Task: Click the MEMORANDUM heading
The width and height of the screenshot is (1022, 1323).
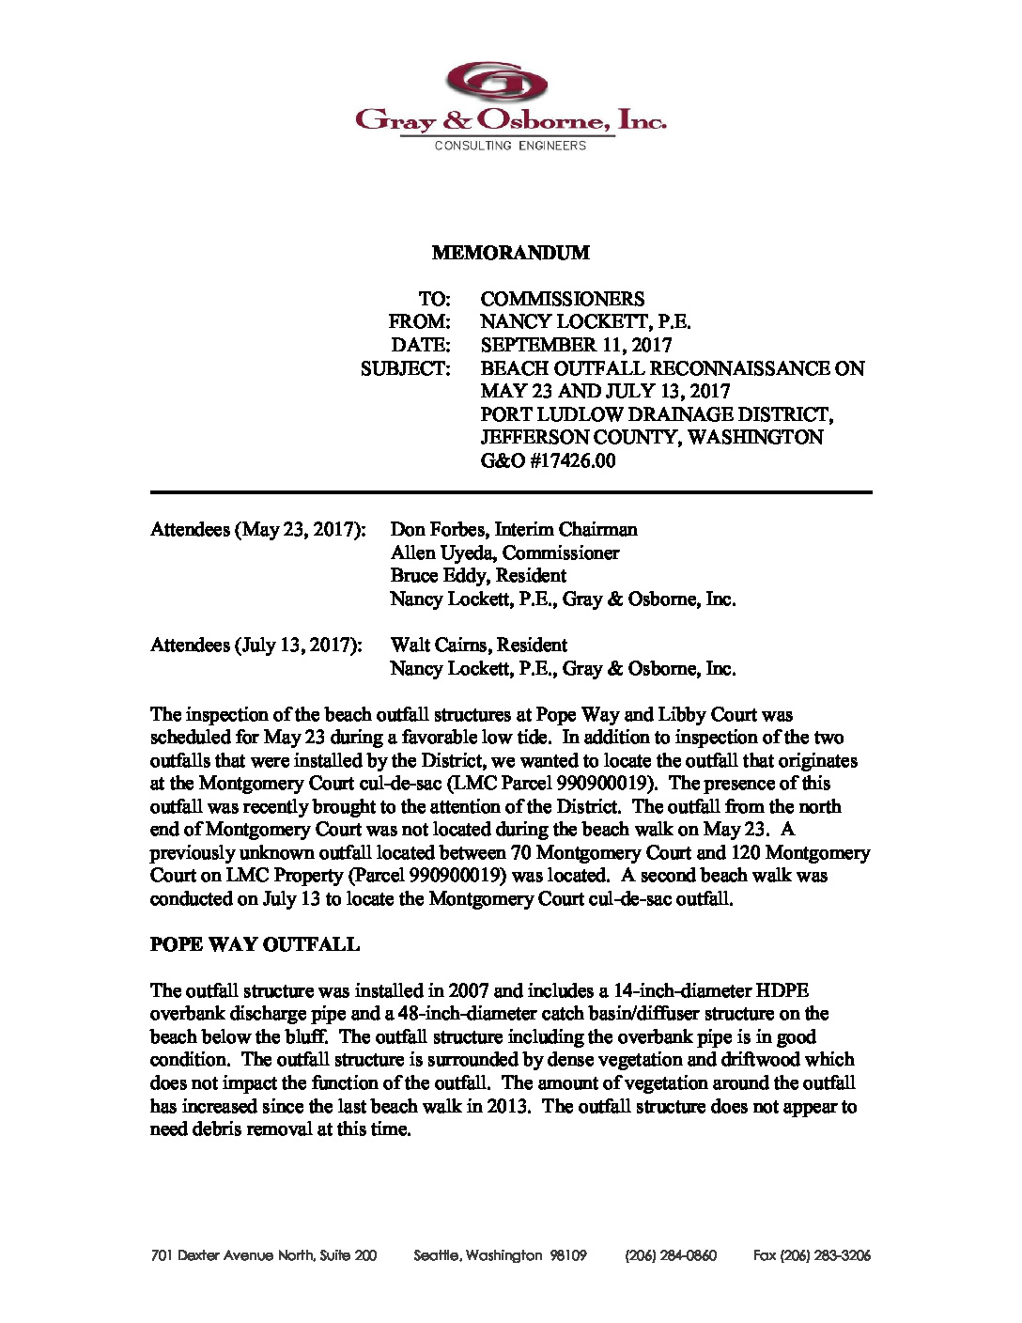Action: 510,253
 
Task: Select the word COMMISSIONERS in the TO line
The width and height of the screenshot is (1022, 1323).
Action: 562,299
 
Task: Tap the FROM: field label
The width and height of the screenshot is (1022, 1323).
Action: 419,322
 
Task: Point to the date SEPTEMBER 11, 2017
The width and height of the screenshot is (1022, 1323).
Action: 576,345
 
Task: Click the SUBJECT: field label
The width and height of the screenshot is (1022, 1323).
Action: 405,368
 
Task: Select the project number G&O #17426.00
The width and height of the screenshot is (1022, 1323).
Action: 548,460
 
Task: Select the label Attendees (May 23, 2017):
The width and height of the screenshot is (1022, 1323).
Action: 257,530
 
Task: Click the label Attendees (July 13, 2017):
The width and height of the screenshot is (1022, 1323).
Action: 255,646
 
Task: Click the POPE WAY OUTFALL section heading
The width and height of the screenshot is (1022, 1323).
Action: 255,944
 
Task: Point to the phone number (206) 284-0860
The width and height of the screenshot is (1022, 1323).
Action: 670,1255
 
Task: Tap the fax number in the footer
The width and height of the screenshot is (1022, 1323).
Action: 812,1255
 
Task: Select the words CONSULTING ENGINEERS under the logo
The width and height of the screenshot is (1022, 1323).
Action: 510,146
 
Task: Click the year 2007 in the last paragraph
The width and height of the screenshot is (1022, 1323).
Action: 469,990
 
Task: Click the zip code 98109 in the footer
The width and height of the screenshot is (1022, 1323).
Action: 568,1255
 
